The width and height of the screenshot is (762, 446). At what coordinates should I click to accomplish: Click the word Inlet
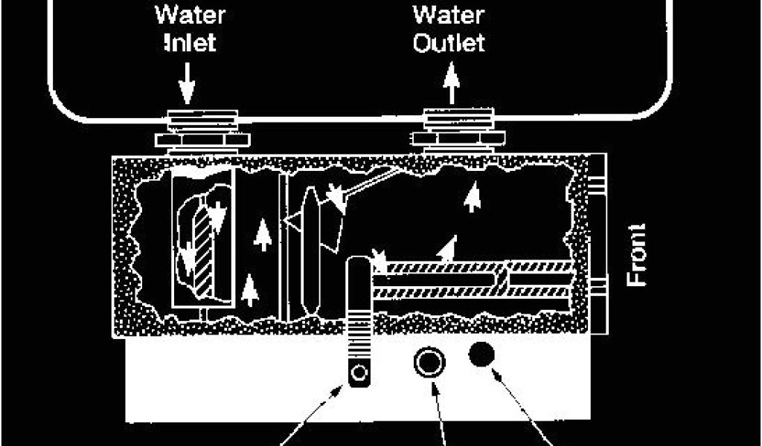pos(187,42)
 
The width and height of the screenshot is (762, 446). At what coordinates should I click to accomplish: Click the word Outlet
pos(450,42)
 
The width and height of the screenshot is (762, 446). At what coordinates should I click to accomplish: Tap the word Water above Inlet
pos(187,14)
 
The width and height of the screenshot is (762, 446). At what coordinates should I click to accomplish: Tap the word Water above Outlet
pos(449,14)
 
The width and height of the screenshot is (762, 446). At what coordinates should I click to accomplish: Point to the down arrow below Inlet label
pos(187,84)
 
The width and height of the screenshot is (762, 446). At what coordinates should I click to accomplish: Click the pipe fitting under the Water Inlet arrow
pos(198,130)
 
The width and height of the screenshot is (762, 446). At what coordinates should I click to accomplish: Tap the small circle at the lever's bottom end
pos(360,372)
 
